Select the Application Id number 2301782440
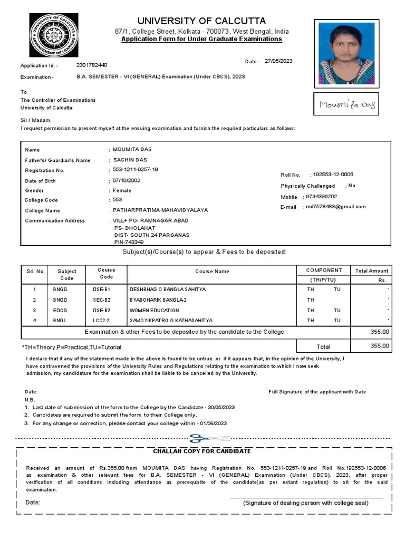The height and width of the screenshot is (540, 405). click(x=91, y=65)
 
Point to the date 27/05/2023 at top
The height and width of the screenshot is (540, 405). click(x=278, y=61)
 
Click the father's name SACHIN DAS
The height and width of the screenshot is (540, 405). click(x=130, y=160)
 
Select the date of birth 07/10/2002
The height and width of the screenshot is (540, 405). click(x=127, y=180)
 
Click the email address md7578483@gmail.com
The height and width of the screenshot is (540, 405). click(x=336, y=207)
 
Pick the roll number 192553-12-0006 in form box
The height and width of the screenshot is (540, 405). click(x=333, y=175)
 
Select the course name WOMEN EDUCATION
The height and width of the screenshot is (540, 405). click(x=154, y=310)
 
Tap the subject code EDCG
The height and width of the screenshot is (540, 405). click(x=60, y=310)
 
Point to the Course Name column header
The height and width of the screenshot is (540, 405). click(x=212, y=272)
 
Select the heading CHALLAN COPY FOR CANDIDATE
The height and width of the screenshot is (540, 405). click(x=202, y=451)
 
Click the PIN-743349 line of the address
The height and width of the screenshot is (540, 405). click(x=129, y=242)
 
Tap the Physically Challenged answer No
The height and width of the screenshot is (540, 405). click(x=352, y=186)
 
